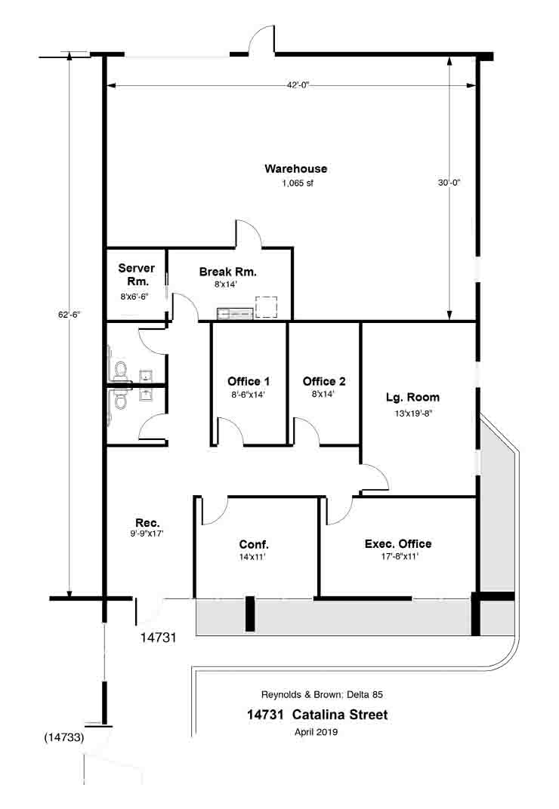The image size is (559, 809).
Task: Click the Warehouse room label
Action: tap(295, 169)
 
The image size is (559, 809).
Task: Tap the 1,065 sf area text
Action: tap(298, 183)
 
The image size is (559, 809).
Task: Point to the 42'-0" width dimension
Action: tap(298, 85)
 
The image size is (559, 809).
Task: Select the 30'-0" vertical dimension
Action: tap(449, 183)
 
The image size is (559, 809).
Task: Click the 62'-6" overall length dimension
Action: tap(69, 314)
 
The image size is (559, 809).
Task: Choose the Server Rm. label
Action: tap(137, 275)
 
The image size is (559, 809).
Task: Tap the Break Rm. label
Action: tap(228, 272)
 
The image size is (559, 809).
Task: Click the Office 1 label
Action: tap(249, 381)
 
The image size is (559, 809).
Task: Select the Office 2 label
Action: tap(324, 381)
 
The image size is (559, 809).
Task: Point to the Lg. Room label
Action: tap(412, 397)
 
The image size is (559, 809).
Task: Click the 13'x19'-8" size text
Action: tap(413, 414)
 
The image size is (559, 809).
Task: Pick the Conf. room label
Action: tap(254, 544)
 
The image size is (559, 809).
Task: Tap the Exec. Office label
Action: tap(398, 544)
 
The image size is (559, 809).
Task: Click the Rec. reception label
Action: tap(147, 523)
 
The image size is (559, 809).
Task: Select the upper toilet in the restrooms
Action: tap(120, 371)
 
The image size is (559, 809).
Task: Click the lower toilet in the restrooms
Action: tap(120, 400)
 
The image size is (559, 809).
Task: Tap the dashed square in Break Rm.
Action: tap(267, 306)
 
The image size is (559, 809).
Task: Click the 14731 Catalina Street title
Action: tap(317, 715)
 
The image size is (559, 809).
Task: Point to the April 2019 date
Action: tap(317, 731)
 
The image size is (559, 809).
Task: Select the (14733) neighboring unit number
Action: tap(64, 737)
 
